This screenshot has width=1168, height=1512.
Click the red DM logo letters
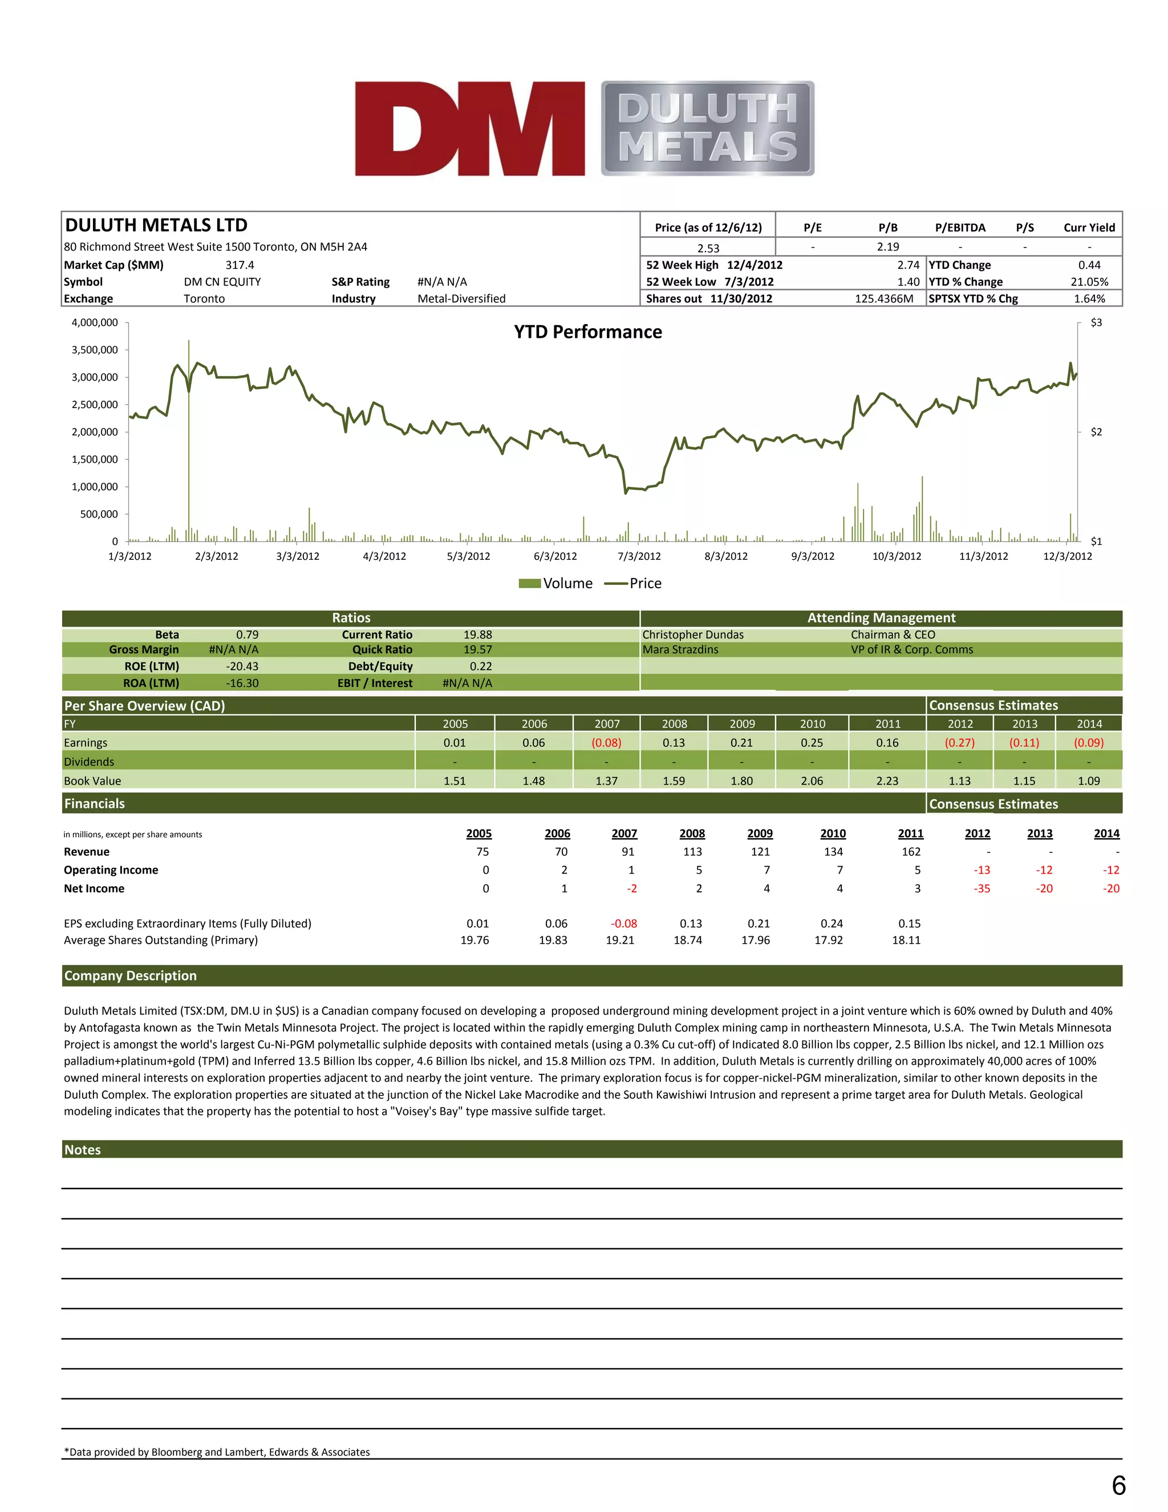470,129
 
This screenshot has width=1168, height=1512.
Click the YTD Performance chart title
587,332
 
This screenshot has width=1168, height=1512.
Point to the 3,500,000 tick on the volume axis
95,350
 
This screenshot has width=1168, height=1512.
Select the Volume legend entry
555,584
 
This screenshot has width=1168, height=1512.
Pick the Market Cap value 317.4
240,265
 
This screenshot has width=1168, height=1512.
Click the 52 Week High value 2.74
908,265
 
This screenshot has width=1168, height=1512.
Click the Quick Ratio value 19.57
477,650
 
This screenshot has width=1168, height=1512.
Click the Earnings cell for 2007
606,743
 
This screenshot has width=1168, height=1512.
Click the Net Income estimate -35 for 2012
981,889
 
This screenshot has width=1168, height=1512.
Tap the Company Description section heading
130,976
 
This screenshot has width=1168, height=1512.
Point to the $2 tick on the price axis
1096,432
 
